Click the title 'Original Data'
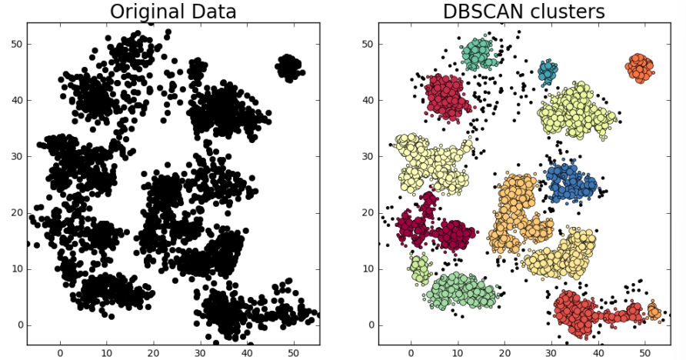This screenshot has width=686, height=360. (x=173, y=12)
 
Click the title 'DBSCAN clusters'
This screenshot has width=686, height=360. (x=524, y=12)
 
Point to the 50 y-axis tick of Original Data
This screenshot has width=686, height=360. (x=16, y=44)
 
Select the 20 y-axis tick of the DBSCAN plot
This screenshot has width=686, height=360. (x=368, y=213)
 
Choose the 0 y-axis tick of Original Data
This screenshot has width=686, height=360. (x=18, y=325)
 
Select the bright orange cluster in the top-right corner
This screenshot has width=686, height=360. (x=640, y=68)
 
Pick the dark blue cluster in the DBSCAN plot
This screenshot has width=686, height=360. (x=571, y=183)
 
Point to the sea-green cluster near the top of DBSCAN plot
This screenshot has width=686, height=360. (x=478, y=55)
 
